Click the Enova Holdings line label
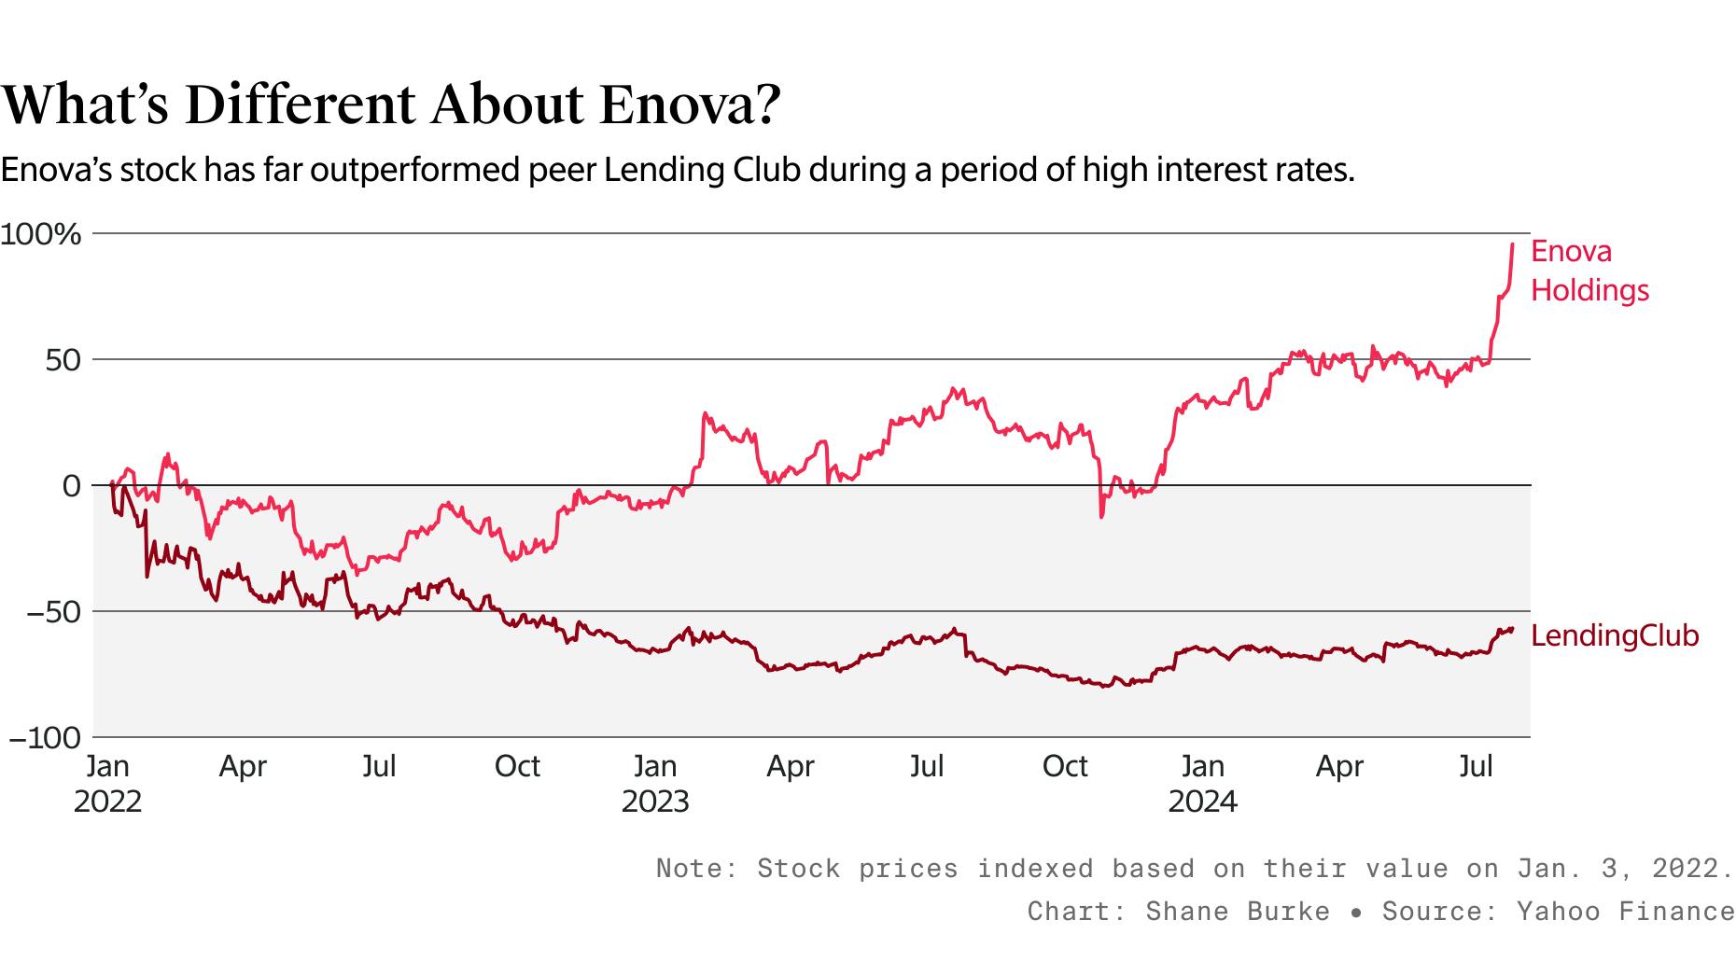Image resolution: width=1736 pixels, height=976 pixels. (1589, 271)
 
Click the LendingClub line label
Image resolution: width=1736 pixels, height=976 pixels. (1615, 635)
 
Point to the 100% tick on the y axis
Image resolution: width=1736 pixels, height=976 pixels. (41, 234)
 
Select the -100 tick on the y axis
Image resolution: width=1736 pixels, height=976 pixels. (45, 738)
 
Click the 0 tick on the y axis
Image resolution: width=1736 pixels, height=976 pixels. (72, 486)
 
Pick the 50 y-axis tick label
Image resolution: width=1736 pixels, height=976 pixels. (63, 360)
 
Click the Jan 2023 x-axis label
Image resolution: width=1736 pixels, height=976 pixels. (654, 784)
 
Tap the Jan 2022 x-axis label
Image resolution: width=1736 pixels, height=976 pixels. (107, 784)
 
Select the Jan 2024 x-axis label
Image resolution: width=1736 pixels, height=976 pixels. (1202, 784)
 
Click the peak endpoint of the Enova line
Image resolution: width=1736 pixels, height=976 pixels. (1512, 244)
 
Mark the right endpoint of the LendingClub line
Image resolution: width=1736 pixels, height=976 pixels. (1512, 628)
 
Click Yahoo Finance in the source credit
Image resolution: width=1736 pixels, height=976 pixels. (1625, 911)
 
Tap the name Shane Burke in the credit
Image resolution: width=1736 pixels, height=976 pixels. (1238, 911)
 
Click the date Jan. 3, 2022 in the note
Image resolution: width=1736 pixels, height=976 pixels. (1624, 868)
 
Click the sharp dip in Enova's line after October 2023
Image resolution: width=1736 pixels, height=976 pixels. (1101, 516)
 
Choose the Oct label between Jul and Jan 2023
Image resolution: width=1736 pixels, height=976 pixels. (517, 766)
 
